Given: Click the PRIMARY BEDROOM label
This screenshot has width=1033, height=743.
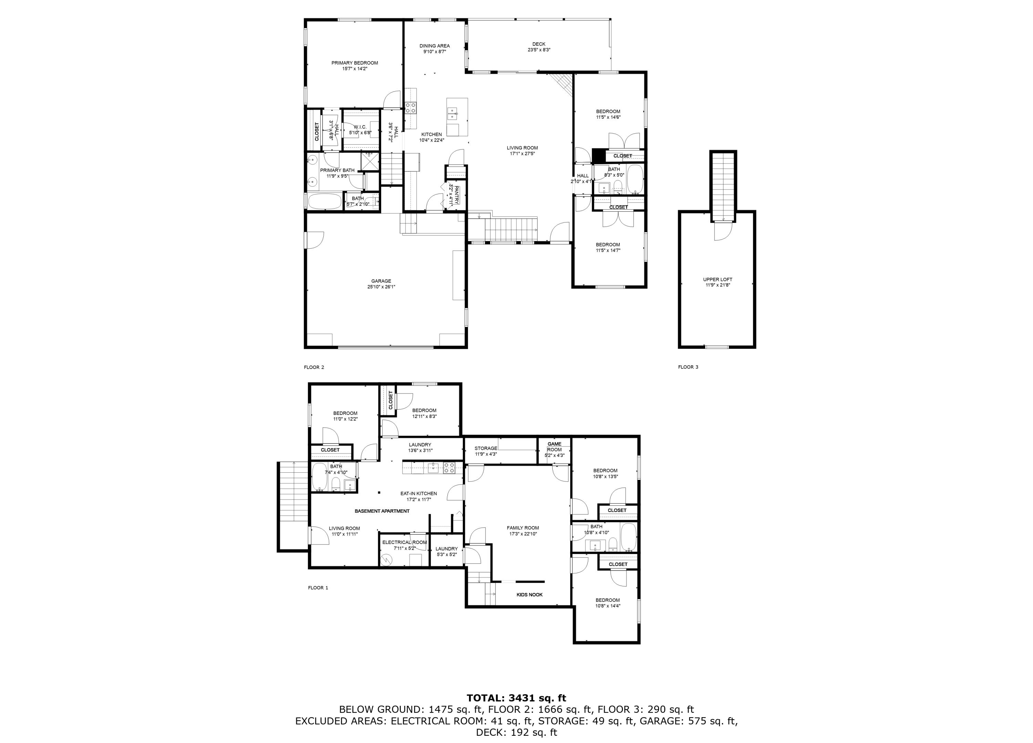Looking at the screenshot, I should click(354, 63).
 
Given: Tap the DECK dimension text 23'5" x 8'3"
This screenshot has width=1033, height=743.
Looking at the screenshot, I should click(539, 50).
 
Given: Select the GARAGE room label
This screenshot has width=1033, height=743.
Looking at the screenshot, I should click(381, 281).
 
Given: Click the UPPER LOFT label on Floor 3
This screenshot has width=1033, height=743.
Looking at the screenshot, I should click(717, 279).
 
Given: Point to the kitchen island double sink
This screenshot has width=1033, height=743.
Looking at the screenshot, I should click(452, 113).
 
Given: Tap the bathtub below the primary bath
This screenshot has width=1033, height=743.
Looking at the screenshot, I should click(324, 201).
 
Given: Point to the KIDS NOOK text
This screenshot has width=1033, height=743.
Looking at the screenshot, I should click(529, 595).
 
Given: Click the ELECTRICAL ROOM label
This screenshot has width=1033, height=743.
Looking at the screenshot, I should click(405, 542).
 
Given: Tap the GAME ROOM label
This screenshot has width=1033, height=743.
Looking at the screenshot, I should click(554, 447).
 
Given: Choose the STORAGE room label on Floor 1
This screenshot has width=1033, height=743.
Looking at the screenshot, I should click(486, 448).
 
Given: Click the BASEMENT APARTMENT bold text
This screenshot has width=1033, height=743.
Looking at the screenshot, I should click(382, 511).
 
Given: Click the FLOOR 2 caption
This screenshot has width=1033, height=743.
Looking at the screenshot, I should click(314, 367).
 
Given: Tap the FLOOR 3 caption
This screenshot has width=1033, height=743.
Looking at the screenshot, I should click(688, 367).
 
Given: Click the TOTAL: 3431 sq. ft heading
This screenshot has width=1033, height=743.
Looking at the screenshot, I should click(516, 698).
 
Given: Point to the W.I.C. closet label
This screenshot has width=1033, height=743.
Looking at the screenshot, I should click(360, 127).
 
